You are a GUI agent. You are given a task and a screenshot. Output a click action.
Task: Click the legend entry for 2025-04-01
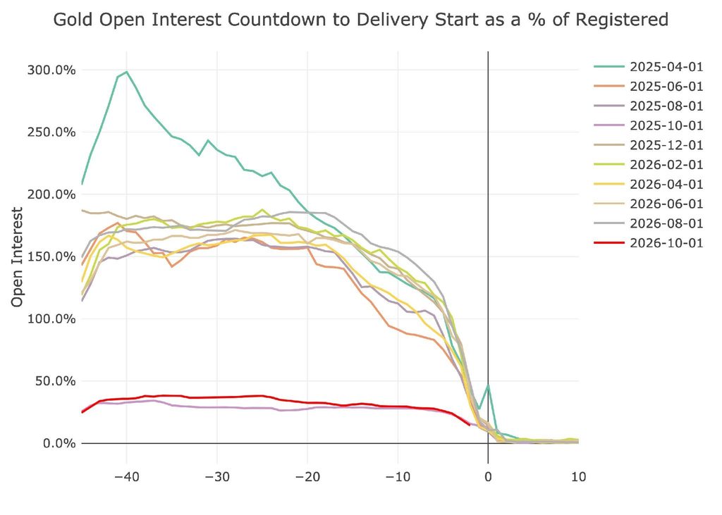pos(649,67)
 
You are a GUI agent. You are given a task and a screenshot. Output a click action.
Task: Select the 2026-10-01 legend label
pos(649,243)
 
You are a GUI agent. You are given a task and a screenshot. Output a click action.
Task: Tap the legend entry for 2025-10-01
pos(649,125)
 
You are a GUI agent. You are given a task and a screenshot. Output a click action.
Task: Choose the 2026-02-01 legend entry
pos(649,164)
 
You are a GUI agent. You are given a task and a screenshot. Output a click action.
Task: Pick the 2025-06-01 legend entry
pos(649,86)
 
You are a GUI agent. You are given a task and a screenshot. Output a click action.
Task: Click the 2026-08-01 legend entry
pos(649,223)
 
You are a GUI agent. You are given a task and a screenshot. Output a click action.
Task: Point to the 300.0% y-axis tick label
pos(51,70)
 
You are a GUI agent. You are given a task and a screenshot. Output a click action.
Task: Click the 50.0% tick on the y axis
pos(55,381)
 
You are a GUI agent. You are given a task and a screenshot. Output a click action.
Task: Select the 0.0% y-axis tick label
pos(59,443)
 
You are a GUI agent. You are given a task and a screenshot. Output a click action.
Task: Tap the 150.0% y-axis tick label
pos(51,256)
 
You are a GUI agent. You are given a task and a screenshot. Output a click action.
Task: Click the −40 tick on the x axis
pos(127,476)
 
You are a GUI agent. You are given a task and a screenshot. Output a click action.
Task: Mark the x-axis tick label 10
pos(578,476)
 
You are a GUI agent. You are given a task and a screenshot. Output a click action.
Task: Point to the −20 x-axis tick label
pos(307,476)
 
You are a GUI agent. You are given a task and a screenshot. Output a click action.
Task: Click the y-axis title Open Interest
pos(17,257)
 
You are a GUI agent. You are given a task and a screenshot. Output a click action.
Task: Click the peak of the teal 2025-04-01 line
pos(127,72)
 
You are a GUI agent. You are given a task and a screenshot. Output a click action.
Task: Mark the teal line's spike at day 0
pos(488,385)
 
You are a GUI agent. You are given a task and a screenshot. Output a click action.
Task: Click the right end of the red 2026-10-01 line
pos(469,424)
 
